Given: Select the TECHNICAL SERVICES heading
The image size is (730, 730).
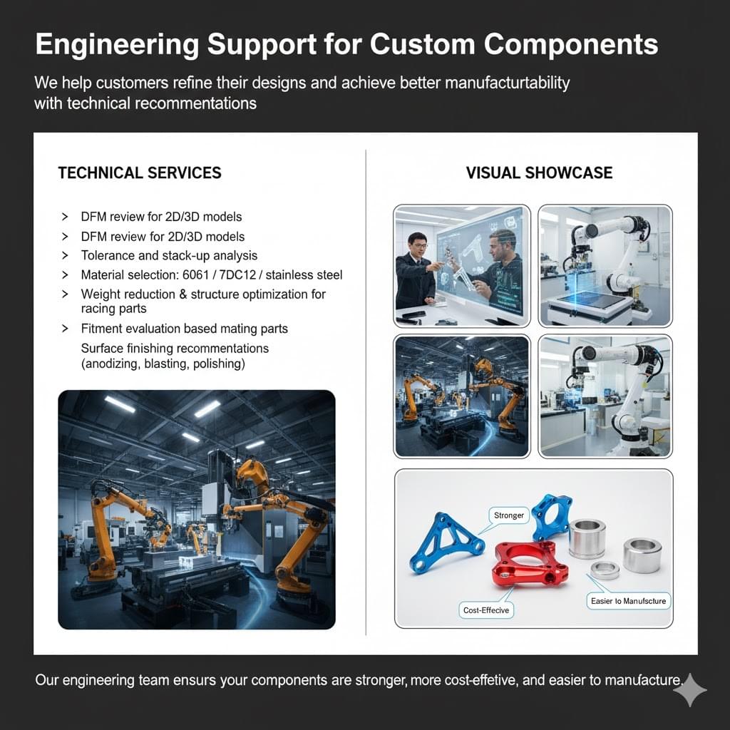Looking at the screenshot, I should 139,173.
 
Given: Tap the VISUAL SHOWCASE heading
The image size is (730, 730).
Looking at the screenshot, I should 539,173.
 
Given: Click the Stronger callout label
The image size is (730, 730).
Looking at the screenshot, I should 509,515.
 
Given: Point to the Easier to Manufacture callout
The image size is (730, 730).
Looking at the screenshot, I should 628,601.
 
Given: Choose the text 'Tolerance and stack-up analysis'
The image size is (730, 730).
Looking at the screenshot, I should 169,255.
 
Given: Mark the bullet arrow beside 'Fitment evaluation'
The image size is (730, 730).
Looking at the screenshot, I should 66,329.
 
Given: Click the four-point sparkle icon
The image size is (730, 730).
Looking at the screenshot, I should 689,689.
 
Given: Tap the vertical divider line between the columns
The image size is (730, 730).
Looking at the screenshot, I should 366,392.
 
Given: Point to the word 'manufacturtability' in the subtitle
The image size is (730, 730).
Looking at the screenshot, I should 507,83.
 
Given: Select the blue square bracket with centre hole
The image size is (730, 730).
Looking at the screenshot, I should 552,518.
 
